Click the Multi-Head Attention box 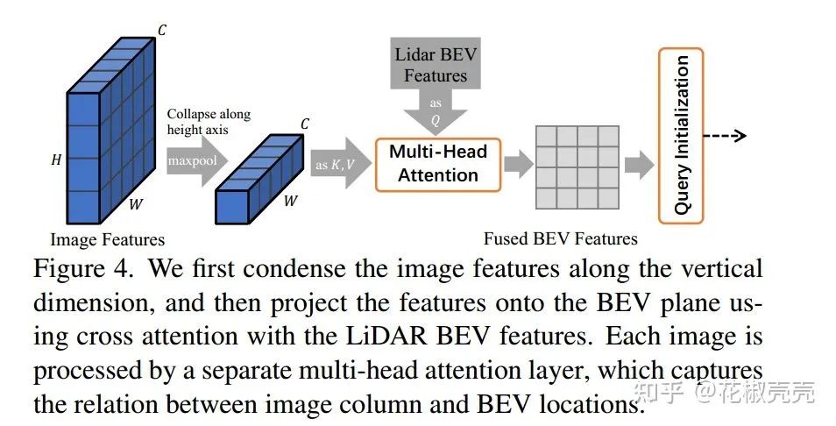(x=437, y=164)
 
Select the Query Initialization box (x=681, y=135)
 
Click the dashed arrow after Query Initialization (x=724, y=135)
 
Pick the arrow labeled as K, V (x=340, y=164)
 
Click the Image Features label (x=107, y=239)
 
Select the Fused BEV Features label (x=560, y=238)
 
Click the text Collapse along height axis (x=209, y=122)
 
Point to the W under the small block (x=289, y=201)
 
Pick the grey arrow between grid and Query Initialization (x=639, y=164)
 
